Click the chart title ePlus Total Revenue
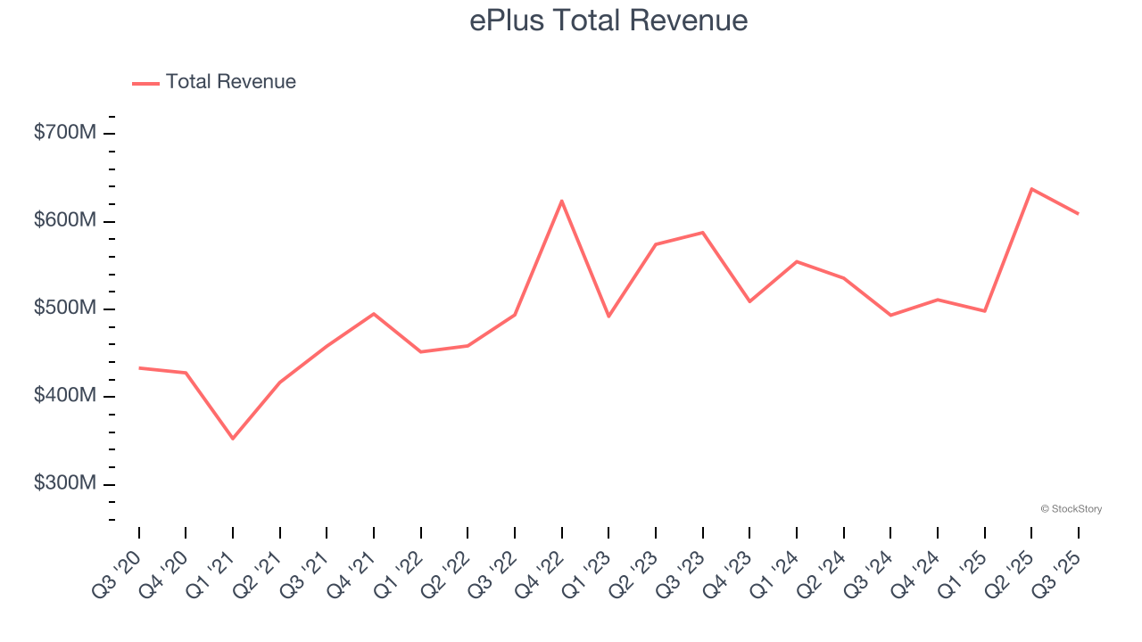608,21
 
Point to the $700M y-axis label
64,133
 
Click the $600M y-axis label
64,220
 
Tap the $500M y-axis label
64,309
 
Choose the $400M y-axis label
64,396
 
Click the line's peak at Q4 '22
562,201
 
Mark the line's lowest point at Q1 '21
233,439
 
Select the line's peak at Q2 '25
1031,189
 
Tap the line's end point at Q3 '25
1078,214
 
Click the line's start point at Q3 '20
139,368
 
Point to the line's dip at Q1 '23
608,317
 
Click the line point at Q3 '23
703,233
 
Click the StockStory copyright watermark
1071,509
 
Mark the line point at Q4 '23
749,301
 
